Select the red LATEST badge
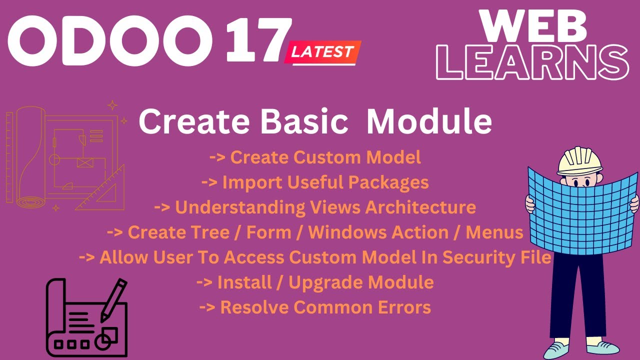click(322, 52)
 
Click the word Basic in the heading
click(305, 122)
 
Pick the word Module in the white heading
click(429, 122)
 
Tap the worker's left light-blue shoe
click(560, 348)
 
